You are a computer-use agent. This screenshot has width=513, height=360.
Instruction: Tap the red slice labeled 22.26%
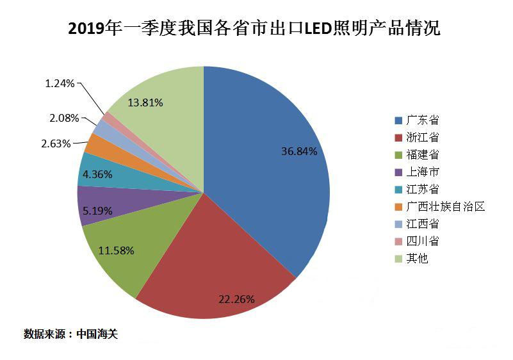(218, 269)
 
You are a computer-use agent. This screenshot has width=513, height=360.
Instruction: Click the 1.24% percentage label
(60, 83)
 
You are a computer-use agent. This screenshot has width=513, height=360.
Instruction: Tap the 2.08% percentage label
(64, 118)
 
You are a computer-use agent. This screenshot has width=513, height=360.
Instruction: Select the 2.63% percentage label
(56, 143)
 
